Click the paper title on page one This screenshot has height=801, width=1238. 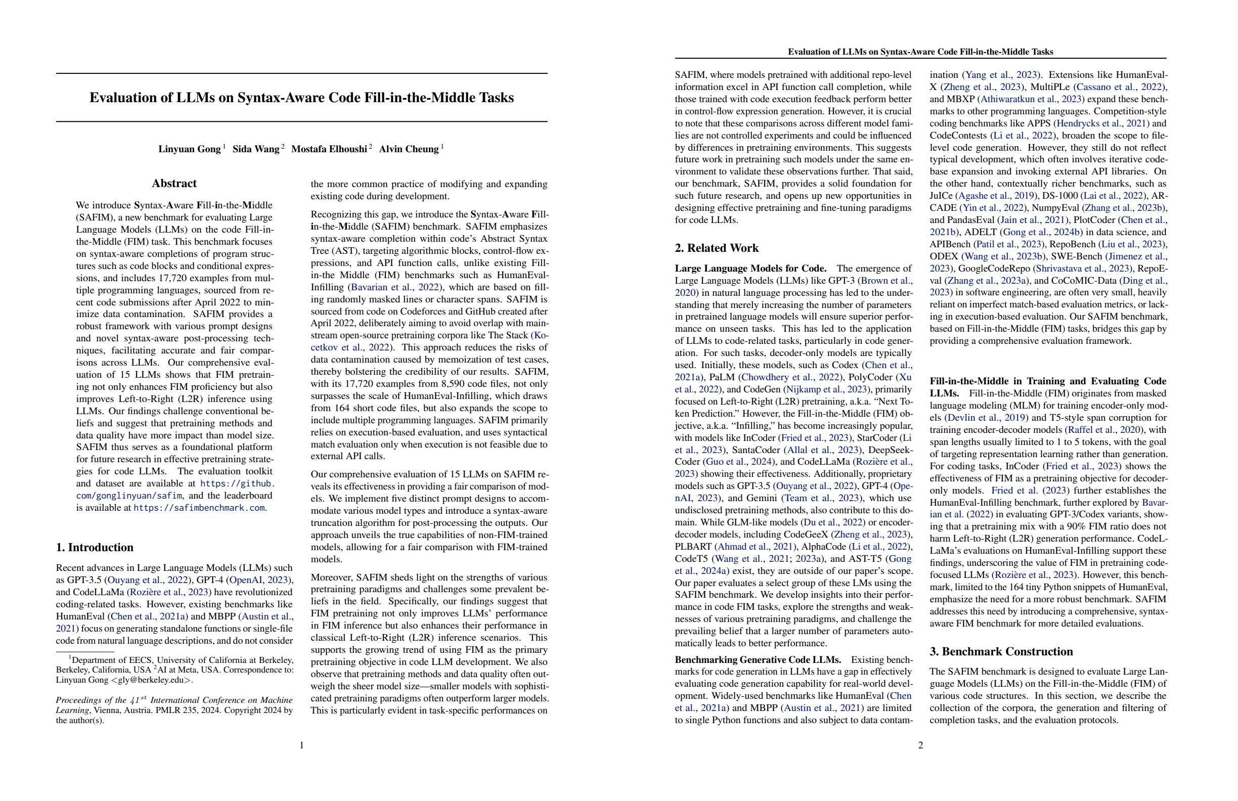point(301,98)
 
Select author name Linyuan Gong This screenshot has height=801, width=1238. point(189,149)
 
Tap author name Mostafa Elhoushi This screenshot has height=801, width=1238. point(329,149)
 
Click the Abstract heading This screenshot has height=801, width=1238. point(174,184)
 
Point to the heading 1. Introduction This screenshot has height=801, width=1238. point(95,547)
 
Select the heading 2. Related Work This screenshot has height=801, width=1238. point(716,248)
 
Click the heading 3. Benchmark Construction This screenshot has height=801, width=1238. point(1001,652)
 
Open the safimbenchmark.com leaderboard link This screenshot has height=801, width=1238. point(199,508)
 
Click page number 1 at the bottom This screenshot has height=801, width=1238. point(301,745)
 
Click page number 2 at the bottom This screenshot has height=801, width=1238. point(920,745)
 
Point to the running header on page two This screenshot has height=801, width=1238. point(920,52)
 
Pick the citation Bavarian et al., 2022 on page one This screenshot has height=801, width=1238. point(395,287)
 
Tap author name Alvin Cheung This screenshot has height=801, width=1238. point(409,149)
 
